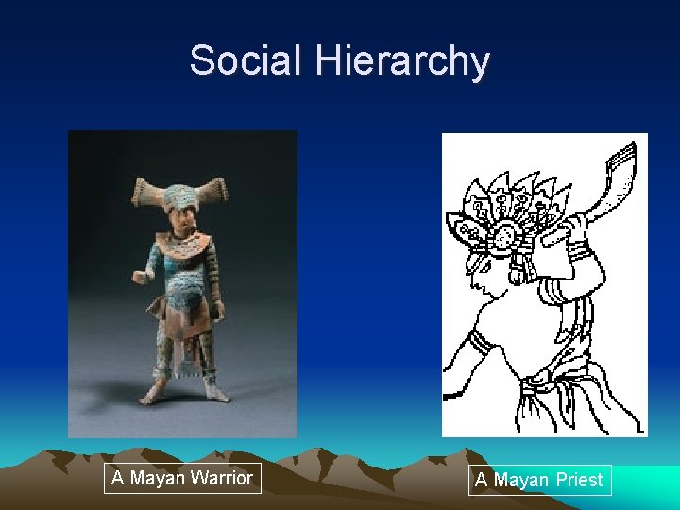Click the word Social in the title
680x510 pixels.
tap(247, 60)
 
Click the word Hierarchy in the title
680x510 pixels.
tap(403, 62)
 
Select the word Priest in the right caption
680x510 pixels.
tap(578, 480)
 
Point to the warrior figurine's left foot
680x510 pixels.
tap(215, 391)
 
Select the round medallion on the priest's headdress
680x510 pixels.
tap(503, 232)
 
